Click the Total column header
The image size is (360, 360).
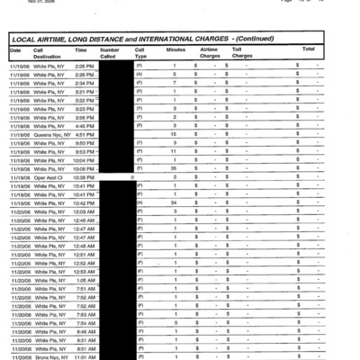coord(308,49)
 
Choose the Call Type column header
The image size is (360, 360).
coord(139,52)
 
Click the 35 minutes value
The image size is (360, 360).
coord(174,168)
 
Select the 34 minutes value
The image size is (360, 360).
coord(174,202)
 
